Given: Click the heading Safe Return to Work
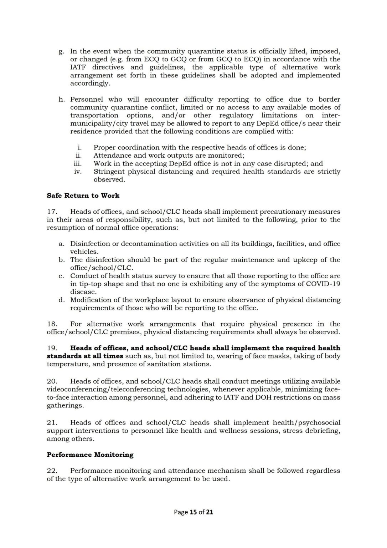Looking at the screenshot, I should click(83, 196).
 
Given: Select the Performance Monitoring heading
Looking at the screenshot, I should click(90, 455).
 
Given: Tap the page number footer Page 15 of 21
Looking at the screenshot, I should click(193, 512).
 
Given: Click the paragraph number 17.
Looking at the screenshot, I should click(52, 212).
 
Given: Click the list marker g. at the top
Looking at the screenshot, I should click(61, 51).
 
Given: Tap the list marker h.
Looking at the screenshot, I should click(61, 99).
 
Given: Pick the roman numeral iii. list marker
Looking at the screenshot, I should click(78, 163).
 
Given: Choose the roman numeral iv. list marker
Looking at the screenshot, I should click(78, 172).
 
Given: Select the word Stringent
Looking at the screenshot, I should click(109, 172).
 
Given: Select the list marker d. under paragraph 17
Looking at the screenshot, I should click(61, 300).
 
